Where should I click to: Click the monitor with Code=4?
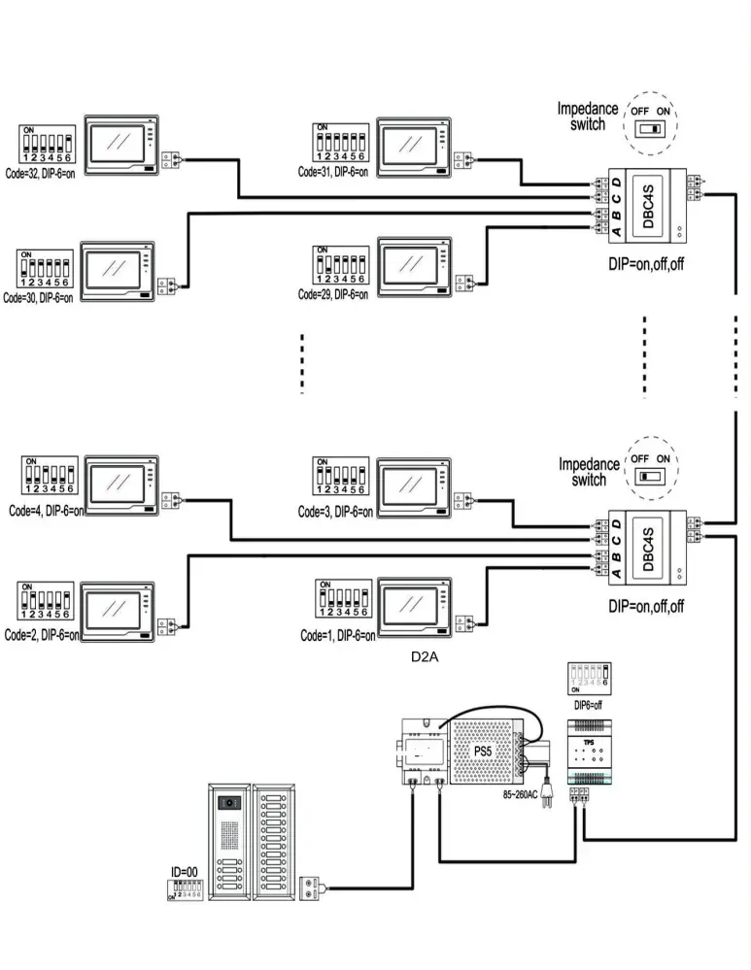122,484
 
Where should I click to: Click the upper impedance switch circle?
652,121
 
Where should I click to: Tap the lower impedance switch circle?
652,469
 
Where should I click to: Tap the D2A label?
425,657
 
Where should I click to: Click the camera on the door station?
230,804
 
